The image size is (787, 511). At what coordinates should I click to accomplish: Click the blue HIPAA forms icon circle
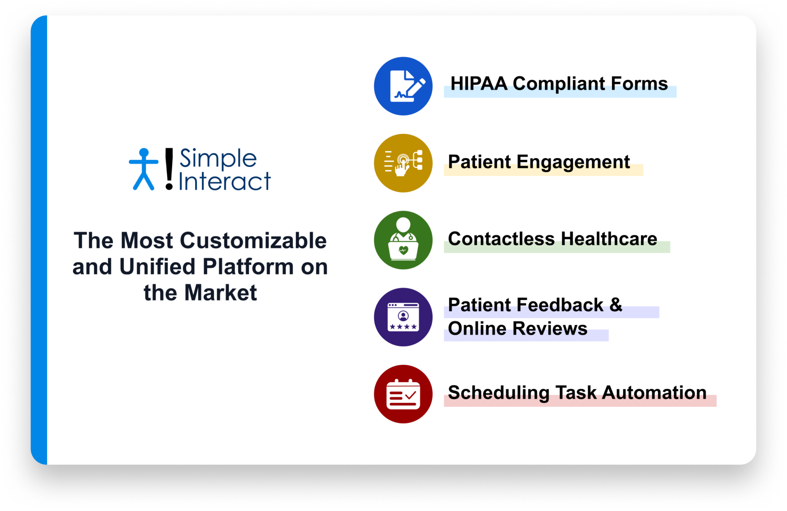click(x=403, y=86)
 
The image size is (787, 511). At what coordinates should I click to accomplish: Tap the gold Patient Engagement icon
click(x=403, y=163)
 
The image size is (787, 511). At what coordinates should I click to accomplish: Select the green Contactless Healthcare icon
click(x=403, y=240)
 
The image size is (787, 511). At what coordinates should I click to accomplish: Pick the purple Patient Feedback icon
click(x=403, y=317)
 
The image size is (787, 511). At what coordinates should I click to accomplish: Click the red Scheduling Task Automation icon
click(x=403, y=394)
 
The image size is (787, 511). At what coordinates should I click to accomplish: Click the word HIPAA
click(x=479, y=84)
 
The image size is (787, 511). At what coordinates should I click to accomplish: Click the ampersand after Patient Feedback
click(x=616, y=305)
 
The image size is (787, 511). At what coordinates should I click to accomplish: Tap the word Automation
click(x=654, y=393)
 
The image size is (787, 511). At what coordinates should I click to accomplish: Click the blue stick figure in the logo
click(x=144, y=169)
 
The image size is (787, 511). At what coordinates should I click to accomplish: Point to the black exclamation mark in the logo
click(x=169, y=169)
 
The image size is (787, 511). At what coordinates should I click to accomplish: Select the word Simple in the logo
click(x=218, y=159)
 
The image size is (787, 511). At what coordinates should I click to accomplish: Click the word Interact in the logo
click(x=225, y=182)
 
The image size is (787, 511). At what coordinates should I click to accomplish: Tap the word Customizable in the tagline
click(x=253, y=241)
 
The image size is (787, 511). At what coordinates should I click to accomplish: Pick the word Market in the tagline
click(x=221, y=293)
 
